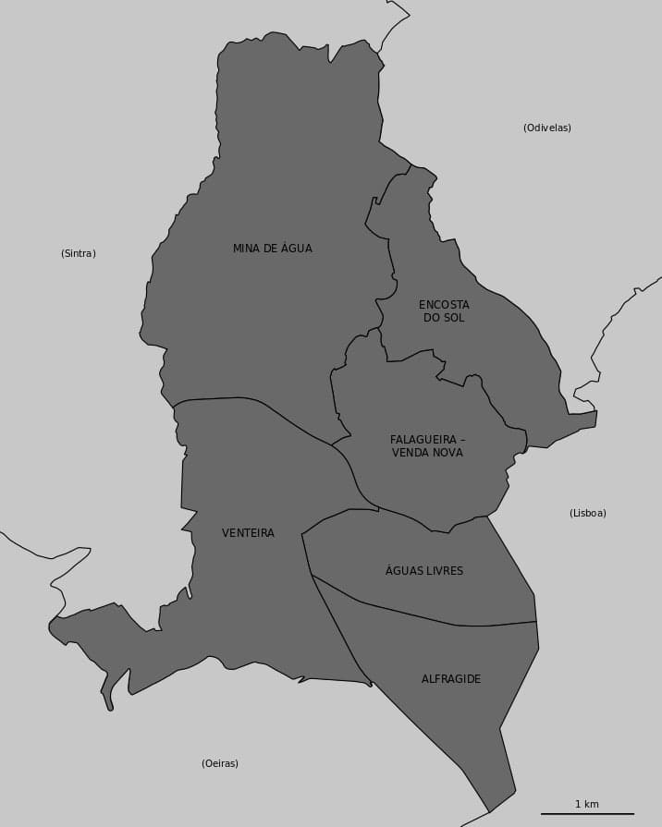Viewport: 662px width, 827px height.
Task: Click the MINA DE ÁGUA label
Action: [x=272, y=249]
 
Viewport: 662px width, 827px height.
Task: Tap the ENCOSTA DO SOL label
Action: [x=444, y=311]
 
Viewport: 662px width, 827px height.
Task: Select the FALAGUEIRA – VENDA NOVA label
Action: [x=427, y=446]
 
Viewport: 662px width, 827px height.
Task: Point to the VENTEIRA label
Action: [x=248, y=533]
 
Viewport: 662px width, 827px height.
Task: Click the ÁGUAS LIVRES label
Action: [x=424, y=571]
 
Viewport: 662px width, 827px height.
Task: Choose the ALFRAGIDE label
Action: [x=451, y=679]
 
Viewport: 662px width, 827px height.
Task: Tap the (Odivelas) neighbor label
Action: [x=547, y=128]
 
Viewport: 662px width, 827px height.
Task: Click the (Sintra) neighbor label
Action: [x=79, y=253]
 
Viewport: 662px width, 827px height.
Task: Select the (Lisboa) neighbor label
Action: [x=588, y=513]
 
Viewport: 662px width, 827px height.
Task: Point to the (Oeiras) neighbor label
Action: [x=220, y=763]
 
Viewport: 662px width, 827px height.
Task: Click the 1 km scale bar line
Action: [x=587, y=814]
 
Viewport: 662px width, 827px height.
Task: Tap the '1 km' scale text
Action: [x=587, y=804]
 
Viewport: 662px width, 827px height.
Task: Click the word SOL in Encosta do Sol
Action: [x=454, y=318]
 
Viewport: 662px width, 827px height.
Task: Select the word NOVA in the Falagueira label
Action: [x=447, y=453]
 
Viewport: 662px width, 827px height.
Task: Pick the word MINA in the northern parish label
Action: [x=246, y=249]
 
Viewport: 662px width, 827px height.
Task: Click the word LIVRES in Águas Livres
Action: [x=444, y=571]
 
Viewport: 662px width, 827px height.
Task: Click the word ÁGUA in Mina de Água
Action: [x=297, y=249]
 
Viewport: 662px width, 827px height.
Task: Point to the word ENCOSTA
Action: [x=444, y=305]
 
